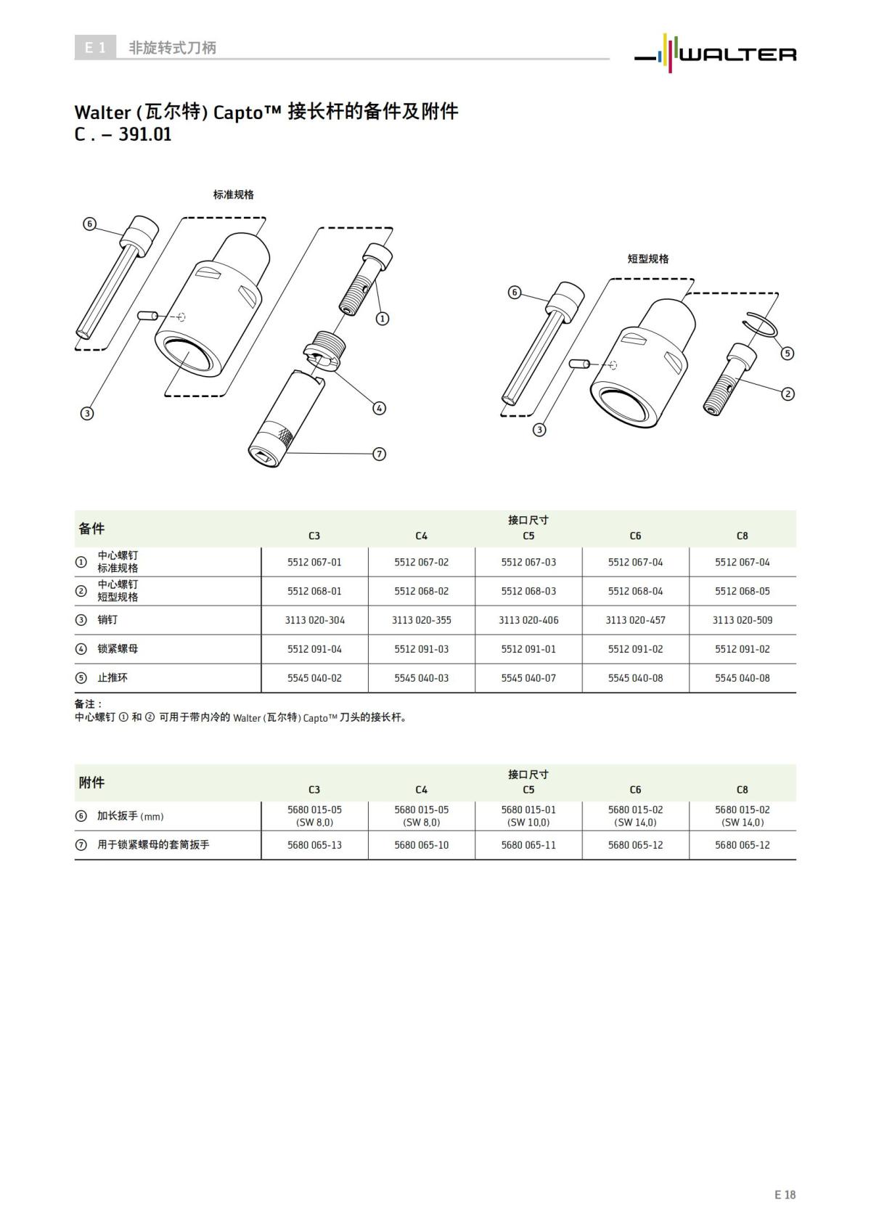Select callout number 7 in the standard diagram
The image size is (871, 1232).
(379, 454)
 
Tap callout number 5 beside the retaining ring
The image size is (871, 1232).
(788, 354)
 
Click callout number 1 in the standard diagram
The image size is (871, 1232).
(383, 318)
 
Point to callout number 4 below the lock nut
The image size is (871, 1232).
(380, 408)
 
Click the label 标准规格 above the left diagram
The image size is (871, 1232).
(233, 195)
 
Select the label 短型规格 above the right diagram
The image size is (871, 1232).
(648, 258)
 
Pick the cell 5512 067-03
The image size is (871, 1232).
(528, 562)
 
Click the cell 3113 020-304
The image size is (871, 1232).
(314, 620)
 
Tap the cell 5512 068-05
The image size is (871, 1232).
(742, 591)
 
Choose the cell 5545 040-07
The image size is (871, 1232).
(528, 678)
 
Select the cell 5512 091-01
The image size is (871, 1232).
(528, 649)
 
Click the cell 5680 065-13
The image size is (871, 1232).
(314, 845)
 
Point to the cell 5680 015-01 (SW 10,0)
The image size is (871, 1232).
(528, 815)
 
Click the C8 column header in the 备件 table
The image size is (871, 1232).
(742, 536)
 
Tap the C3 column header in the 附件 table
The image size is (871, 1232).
(314, 790)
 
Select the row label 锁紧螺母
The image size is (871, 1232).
(118, 649)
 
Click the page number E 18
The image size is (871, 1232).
(785, 1194)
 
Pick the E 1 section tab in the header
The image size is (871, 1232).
(95, 48)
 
